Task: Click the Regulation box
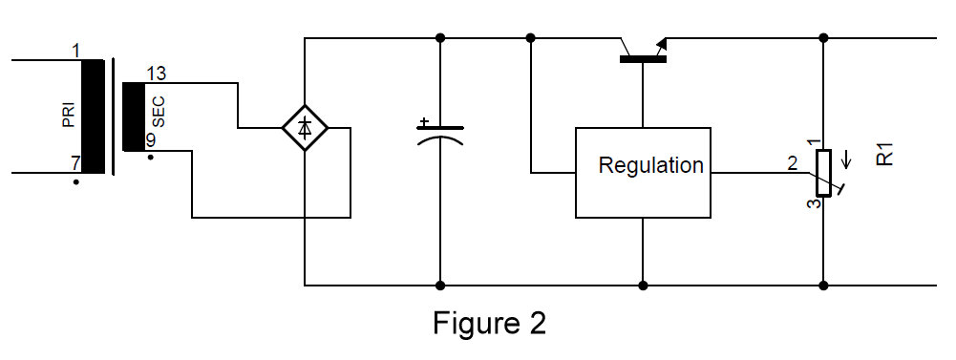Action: click(643, 172)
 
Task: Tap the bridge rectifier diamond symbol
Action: click(305, 127)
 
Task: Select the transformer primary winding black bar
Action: click(93, 117)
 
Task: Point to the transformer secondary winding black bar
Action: click(133, 116)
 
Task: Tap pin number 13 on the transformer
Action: click(156, 74)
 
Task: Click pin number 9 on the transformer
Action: click(150, 139)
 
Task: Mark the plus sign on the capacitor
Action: click(424, 121)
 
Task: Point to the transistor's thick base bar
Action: click(643, 59)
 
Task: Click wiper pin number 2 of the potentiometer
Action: click(792, 162)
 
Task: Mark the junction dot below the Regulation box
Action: click(643, 285)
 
